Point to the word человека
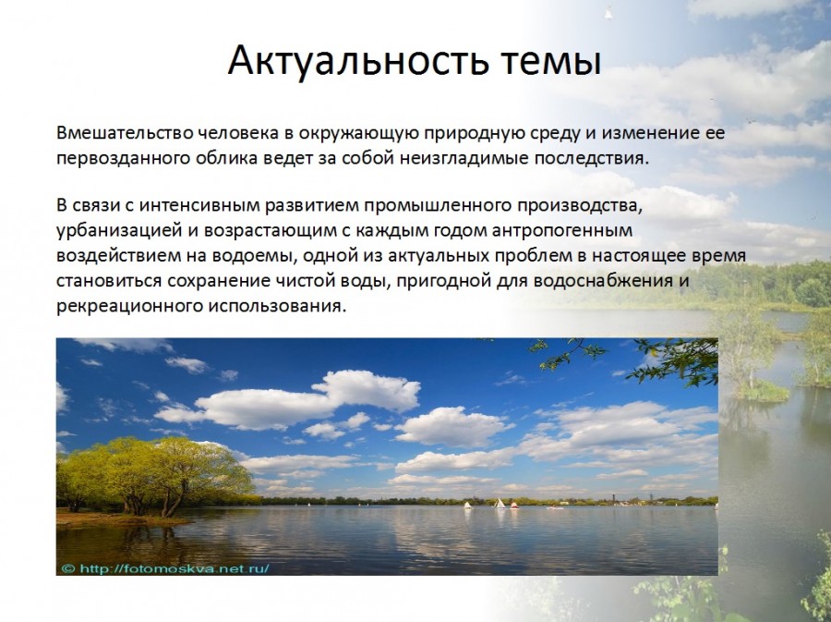pos(238,132)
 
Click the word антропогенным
pos(562,231)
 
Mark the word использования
pos(277,307)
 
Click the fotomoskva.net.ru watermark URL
pos(174,568)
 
